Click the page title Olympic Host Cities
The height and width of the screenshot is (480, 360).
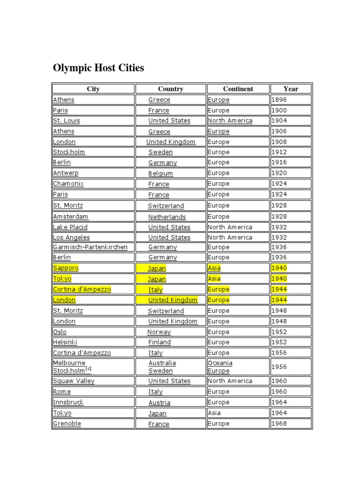98,68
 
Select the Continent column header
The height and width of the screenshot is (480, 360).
238,89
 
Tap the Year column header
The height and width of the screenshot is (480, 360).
291,89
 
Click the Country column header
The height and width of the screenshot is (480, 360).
171,89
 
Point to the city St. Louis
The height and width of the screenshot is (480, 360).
67,120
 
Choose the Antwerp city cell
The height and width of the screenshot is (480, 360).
66,173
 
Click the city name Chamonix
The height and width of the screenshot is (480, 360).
68,184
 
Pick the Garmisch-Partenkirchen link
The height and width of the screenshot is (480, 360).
90,247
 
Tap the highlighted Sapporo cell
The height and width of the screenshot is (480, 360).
66,268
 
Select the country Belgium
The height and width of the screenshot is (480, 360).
161,173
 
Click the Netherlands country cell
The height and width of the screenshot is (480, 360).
167,217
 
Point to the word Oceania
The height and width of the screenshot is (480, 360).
220,363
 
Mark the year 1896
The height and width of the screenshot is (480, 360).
279,100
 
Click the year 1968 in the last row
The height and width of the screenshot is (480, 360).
279,424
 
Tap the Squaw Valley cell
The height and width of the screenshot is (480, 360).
74,381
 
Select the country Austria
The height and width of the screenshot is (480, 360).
159,403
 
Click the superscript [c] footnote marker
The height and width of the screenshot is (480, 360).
88,369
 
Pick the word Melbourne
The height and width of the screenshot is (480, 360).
69,363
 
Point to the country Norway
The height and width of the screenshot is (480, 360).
159,332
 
